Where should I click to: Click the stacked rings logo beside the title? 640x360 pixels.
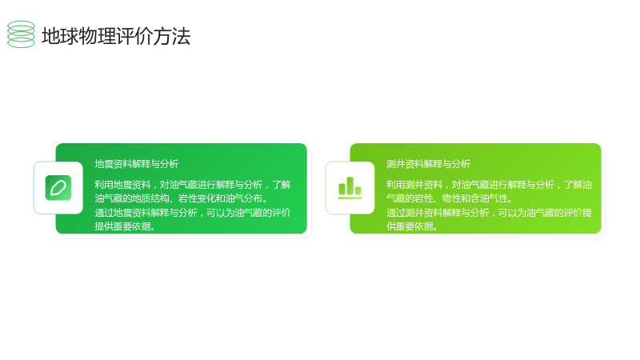click(x=22, y=34)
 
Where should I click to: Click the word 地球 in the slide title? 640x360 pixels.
click(x=60, y=36)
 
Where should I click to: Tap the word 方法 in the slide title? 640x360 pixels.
click(x=172, y=36)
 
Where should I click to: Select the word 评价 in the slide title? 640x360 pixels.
click(x=134, y=36)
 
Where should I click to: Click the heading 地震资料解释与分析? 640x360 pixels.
click(x=137, y=164)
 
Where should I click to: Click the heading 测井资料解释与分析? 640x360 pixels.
click(x=429, y=164)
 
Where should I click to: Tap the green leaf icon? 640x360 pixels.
click(x=58, y=188)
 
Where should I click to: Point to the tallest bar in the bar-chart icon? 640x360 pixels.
click(x=350, y=186)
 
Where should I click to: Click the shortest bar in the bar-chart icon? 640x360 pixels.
click(x=358, y=190)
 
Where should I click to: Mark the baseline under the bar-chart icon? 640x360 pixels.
click(x=350, y=198)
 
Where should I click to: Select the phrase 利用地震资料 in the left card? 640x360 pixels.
click(x=123, y=185)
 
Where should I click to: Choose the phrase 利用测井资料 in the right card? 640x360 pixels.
click(x=414, y=185)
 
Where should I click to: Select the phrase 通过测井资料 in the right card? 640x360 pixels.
click(x=414, y=213)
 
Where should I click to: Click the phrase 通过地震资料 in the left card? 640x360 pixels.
click(x=123, y=213)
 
